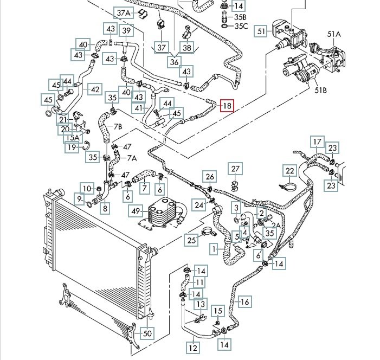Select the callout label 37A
(x=124, y=12)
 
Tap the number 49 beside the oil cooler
(x=136, y=210)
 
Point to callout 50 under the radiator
(x=146, y=333)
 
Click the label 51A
(x=334, y=34)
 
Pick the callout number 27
(x=235, y=169)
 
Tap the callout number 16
(x=244, y=302)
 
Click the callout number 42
(x=94, y=89)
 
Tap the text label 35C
(x=241, y=25)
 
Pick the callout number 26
(x=210, y=176)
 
